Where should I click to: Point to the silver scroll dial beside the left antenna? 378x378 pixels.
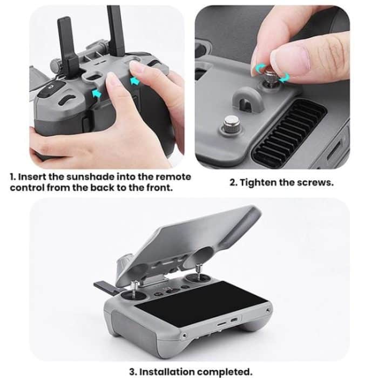57,65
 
